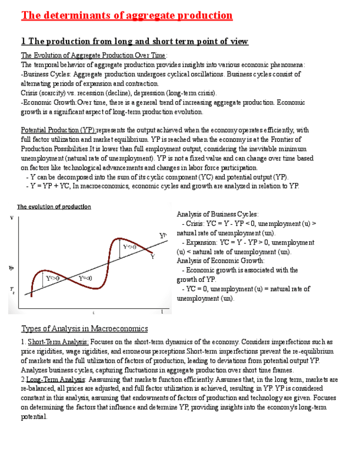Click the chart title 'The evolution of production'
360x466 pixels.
coord(54,207)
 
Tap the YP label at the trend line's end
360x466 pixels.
coord(163,235)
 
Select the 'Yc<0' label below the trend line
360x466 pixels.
coord(85,279)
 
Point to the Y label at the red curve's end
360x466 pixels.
coord(152,256)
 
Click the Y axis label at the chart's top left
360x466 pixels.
coord(12,218)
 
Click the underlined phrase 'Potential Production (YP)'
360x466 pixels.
coord(58,130)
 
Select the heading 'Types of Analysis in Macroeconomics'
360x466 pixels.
coord(85,329)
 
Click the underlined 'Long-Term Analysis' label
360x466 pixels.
coord(56,379)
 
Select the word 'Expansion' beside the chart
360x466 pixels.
coord(202,242)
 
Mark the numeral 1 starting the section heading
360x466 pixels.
coord(23,41)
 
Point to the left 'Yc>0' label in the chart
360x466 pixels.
coord(53,279)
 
